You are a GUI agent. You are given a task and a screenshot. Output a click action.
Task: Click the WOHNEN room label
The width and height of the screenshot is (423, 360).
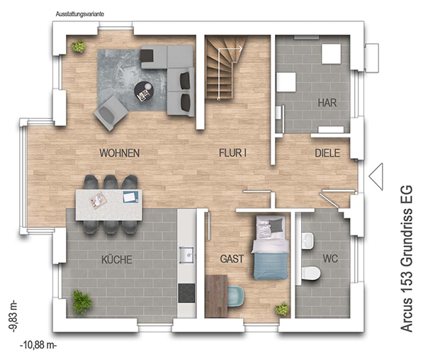[120, 153]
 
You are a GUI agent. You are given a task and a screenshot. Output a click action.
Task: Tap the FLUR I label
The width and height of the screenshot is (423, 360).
[232, 153]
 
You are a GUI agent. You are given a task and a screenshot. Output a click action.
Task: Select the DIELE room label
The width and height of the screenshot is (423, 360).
[327, 153]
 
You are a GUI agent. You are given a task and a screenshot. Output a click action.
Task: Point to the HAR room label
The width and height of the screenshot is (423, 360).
[327, 103]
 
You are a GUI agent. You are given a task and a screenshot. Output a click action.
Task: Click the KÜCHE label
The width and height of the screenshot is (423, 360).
[117, 259]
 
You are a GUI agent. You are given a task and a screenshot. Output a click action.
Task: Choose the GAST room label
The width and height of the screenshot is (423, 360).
[232, 259]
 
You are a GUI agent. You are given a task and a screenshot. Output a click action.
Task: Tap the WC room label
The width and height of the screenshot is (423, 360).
[330, 259]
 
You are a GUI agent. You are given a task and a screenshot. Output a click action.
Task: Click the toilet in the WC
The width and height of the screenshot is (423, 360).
[311, 273]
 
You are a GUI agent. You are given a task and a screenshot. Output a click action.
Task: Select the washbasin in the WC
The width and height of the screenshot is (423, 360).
[308, 241]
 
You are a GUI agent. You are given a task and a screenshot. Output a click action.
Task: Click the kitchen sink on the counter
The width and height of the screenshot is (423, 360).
[186, 254]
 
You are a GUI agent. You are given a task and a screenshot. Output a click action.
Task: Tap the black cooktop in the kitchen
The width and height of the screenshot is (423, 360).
[186, 293]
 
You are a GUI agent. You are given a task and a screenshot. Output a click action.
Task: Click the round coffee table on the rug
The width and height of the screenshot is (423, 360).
[144, 91]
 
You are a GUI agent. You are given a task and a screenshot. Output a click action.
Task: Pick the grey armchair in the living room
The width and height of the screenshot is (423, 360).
[111, 113]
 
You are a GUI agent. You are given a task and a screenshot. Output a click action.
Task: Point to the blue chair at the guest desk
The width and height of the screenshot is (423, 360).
[236, 297]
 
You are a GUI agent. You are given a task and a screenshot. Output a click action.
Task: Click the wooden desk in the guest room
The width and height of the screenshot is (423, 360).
[216, 296]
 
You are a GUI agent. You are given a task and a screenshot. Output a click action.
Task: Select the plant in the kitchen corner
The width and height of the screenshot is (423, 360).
[81, 303]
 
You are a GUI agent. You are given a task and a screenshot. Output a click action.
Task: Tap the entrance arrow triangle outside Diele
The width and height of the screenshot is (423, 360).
[376, 176]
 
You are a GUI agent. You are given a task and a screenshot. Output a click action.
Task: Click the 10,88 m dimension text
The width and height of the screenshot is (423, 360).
[38, 345]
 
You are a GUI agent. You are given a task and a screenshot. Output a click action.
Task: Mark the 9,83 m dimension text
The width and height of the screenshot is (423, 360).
[13, 316]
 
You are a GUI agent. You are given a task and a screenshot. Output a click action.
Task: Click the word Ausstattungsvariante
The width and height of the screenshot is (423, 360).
[80, 14]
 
